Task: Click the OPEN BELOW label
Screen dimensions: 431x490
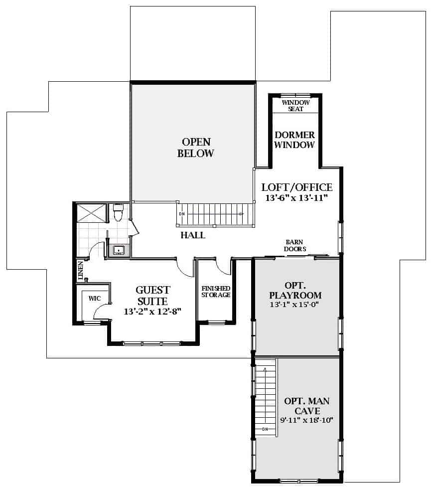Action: click(x=196, y=148)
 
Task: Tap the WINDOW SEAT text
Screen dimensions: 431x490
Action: click(x=295, y=106)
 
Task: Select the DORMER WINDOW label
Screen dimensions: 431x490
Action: click(x=294, y=140)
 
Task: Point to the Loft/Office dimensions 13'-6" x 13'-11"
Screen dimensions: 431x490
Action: click(x=296, y=198)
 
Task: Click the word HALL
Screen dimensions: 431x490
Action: click(x=193, y=235)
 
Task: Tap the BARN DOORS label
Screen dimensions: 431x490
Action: click(x=294, y=246)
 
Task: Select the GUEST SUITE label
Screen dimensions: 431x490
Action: click(x=153, y=296)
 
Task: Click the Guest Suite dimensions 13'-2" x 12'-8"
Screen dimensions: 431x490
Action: click(x=152, y=312)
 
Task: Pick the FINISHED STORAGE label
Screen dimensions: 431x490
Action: click(x=216, y=292)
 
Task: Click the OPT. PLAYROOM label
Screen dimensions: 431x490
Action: click(x=295, y=290)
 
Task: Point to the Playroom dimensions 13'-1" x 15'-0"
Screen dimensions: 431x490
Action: click(x=294, y=305)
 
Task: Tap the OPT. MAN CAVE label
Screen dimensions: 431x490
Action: click(x=307, y=406)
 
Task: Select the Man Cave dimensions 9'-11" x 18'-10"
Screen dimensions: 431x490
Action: click(x=306, y=420)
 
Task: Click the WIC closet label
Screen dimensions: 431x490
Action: click(x=95, y=299)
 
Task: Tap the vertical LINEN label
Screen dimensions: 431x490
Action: click(x=81, y=271)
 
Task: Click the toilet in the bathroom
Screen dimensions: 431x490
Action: click(x=118, y=212)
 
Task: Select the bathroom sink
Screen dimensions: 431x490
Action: click(x=119, y=250)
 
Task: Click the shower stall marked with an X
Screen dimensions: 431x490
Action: click(x=91, y=213)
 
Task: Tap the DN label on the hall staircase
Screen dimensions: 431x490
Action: click(x=182, y=214)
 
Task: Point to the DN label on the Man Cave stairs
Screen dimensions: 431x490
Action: click(x=265, y=429)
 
